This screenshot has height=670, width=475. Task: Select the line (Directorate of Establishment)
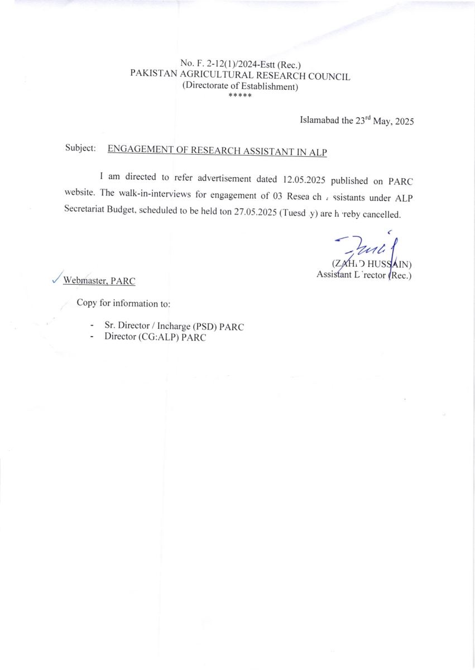pyautogui.click(x=240, y=87)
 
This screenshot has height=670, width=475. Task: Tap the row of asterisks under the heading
pyautogui.click(x=240, y=96)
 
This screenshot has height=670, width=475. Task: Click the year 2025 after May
pyautogui.click(x=403, y=121)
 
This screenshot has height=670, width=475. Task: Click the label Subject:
pyautogui.click(x=80, y=149)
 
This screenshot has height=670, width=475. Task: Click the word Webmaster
pyautogui.click(x=85, y=281)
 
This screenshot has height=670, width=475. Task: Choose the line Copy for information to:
pyautogui.click(x=123, y=303)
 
